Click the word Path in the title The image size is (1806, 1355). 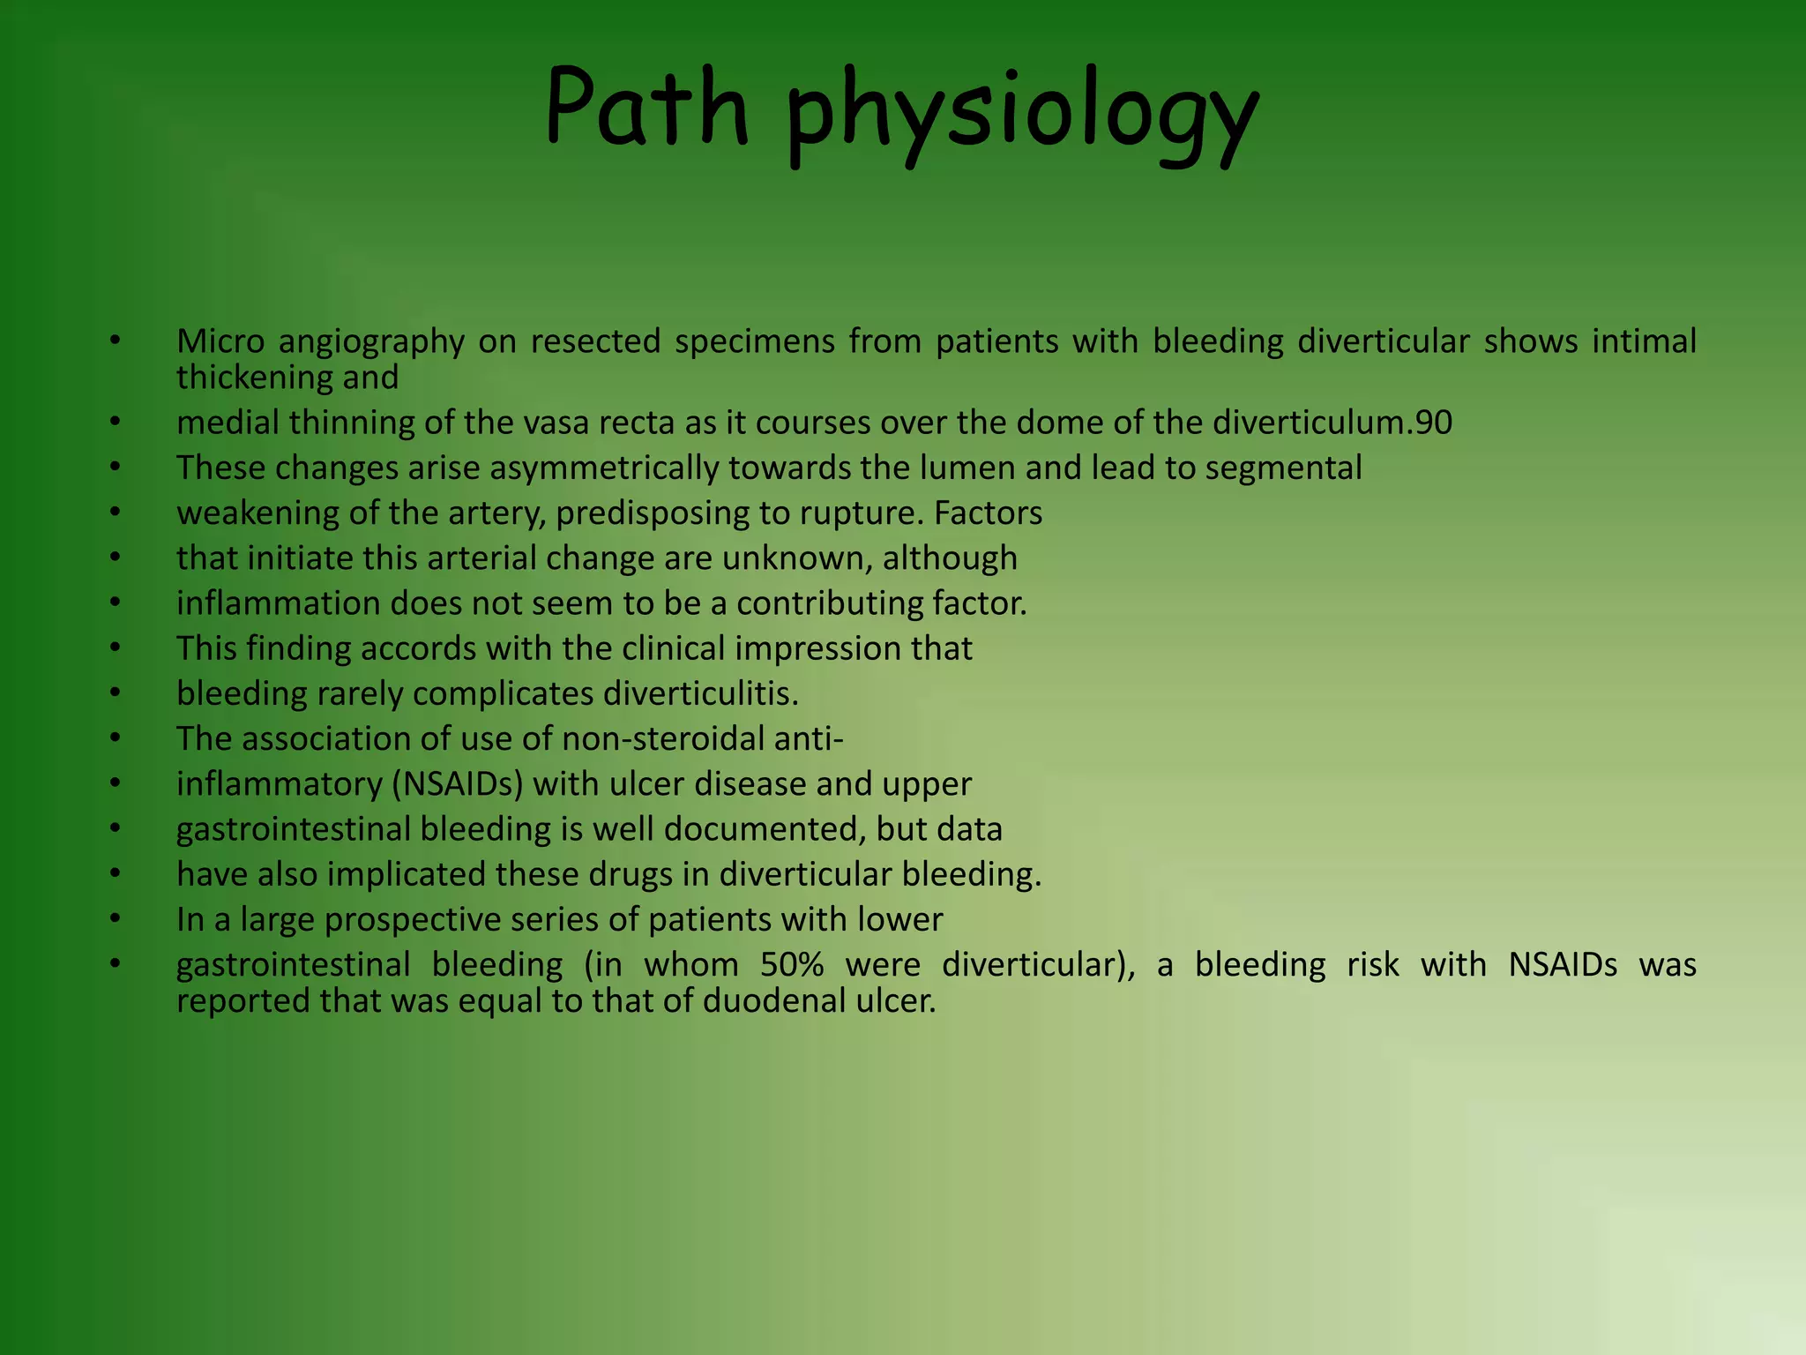pos(646,109)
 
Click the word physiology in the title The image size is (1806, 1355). pos(1023,115)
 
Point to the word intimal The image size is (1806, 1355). pos(1644,341)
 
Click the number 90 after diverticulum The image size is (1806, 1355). pos(1433,423)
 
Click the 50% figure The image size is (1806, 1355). pos(790,965)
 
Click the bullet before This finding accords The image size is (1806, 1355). pos(115,648)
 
